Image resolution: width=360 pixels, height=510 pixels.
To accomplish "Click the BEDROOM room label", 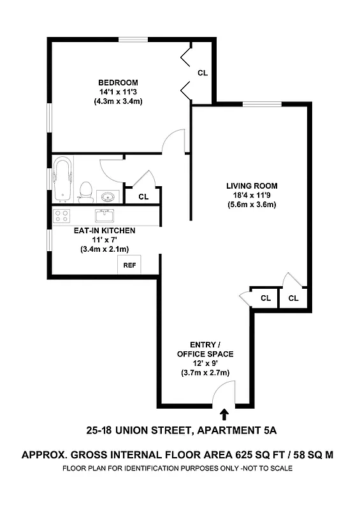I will [118, 83].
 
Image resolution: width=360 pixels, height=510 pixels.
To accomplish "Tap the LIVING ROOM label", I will [252, 186].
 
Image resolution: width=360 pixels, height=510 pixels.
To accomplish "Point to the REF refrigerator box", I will [129, 265].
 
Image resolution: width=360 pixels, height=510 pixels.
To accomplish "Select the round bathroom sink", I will [108, 196].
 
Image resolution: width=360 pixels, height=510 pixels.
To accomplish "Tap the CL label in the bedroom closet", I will [202, 73].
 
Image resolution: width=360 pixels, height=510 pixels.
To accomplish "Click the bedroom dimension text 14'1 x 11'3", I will [118, 92].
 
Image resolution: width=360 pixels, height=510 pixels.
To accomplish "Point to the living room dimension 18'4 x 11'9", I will [252, 196].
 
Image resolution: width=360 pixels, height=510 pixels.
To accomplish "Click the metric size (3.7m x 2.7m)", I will [205, 373].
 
